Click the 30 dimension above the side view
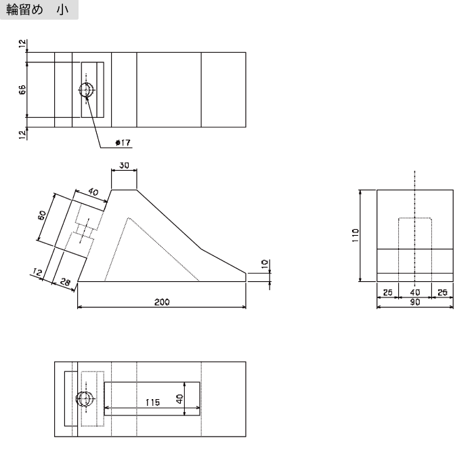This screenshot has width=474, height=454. (125, 165)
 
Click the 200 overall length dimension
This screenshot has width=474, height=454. (161, 302)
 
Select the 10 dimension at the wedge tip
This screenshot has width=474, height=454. (265, 264)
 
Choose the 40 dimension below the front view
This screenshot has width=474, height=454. (414, 292)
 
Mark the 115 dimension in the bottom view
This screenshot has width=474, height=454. (153, 402)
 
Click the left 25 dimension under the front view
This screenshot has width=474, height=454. (387, 292)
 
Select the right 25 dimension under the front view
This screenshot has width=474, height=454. (442, 292)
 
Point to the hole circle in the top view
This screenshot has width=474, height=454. (87, 91)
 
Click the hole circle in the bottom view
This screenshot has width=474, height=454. (86, 400)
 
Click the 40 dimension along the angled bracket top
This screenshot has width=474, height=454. (93, 192)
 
